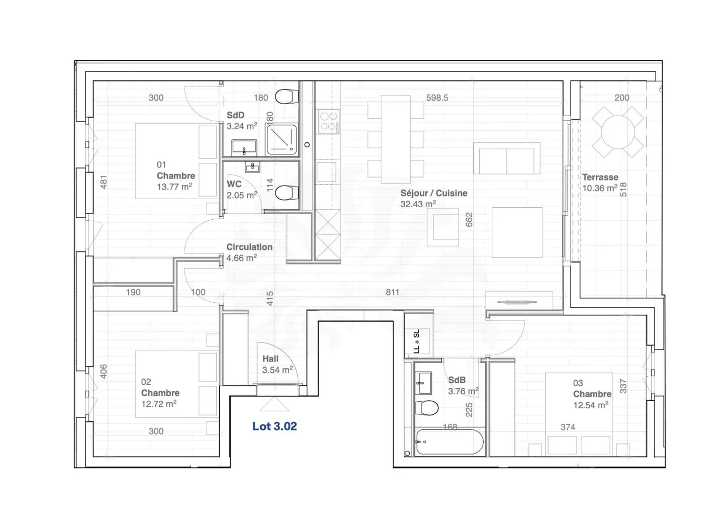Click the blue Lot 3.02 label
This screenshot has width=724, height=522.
pyautogui.click(x=275, y=426)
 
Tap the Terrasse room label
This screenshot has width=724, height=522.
pyautogui.click(x=600, y=177)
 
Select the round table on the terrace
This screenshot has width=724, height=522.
pyautogui.click(x=617, y=132)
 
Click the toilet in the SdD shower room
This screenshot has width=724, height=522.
pyautogui.click(x=287, y=97)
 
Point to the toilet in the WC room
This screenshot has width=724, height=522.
pyautogui.click(x=287, y=193)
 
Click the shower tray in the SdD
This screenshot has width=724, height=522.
pyautogui.click(x=282, y=139)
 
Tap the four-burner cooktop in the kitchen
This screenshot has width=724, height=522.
pyautogui.click(x=329, y=121)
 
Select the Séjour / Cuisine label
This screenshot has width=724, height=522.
pyautogui.click(x=434, y=193)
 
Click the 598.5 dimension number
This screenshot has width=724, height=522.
pyautogui.click(x=437, y=98)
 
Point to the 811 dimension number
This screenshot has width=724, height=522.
pyautogui.click(x=392, y=292)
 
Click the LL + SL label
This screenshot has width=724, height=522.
pyautogui.click(x=417, y=341)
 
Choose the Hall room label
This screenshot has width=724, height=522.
pyautogui.click(x=270, y=359)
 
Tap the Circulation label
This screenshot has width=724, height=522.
pyautogui.click(x=249, y=247)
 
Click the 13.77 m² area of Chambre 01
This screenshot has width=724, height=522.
pyautogui.click(x=174, y=187)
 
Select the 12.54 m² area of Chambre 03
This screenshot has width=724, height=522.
pyautogui.click(x=591, y=405)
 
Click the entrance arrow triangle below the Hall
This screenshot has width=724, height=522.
pyautogui.click(x=274, y=404)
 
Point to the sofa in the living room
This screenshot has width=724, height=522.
pyautogui.click(x=506, y=158)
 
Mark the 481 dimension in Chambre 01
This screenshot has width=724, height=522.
pyautogui.click(x=104, y=182)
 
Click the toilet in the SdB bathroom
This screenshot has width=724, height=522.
pyautogui.click(x=427, y=408)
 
